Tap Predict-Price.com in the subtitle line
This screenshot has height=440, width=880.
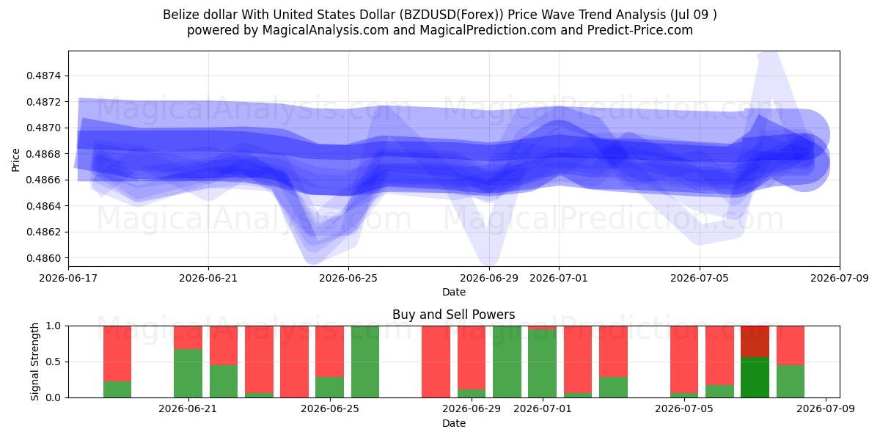(x=640, y=30)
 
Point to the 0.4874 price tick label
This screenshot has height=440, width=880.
(x=44, y=76)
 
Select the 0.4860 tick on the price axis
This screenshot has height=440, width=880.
(x=44, y=258)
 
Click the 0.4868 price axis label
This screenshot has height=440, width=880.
(x=44, y=153)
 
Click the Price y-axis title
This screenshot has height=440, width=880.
(x=15, y=160)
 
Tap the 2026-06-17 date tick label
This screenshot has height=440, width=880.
(x=68, y=278)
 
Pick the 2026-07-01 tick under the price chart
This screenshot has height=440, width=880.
(x=559, y=278)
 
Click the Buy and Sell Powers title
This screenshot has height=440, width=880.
(x=453, y=315)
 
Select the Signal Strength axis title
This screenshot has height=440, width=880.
(x=35, y=362)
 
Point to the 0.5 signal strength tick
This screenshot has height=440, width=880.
(x=54, y=362)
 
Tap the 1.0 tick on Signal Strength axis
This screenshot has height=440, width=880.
(x=54, y=326)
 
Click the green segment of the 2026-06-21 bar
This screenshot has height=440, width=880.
(x=188, y=373)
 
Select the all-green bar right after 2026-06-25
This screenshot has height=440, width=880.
(x=365, y=362)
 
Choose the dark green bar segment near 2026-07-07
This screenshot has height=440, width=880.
(x=755, y=377)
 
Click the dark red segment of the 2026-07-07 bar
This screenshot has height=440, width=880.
(x=755, y=342)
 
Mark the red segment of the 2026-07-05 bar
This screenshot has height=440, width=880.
(x=684, y=359)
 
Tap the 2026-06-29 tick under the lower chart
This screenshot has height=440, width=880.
(x=472, y=408)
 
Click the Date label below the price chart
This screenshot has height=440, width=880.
(x=454, y=292)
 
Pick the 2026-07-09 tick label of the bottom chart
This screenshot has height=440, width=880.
(x=826, y=408)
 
